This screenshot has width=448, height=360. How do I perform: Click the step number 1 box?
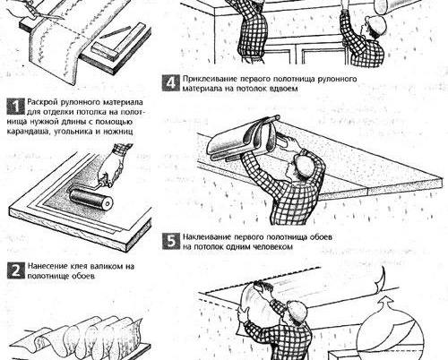pos(15,107)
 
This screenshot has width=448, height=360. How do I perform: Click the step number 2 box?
pos(15,270)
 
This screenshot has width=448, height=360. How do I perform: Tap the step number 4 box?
pos(170,82)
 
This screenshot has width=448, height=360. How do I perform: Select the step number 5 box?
pos(171,241)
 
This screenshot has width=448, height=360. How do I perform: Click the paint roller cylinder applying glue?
pos(91,199)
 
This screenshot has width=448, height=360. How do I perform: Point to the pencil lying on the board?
pos(115,32)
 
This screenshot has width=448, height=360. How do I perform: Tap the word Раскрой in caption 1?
pos(43,102)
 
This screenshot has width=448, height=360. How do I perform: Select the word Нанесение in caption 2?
pos(47,266)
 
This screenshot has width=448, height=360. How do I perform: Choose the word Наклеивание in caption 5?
pos(207,237)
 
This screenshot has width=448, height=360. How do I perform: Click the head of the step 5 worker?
pos(304,165)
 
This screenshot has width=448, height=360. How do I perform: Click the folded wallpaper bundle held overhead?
pos(243,138)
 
